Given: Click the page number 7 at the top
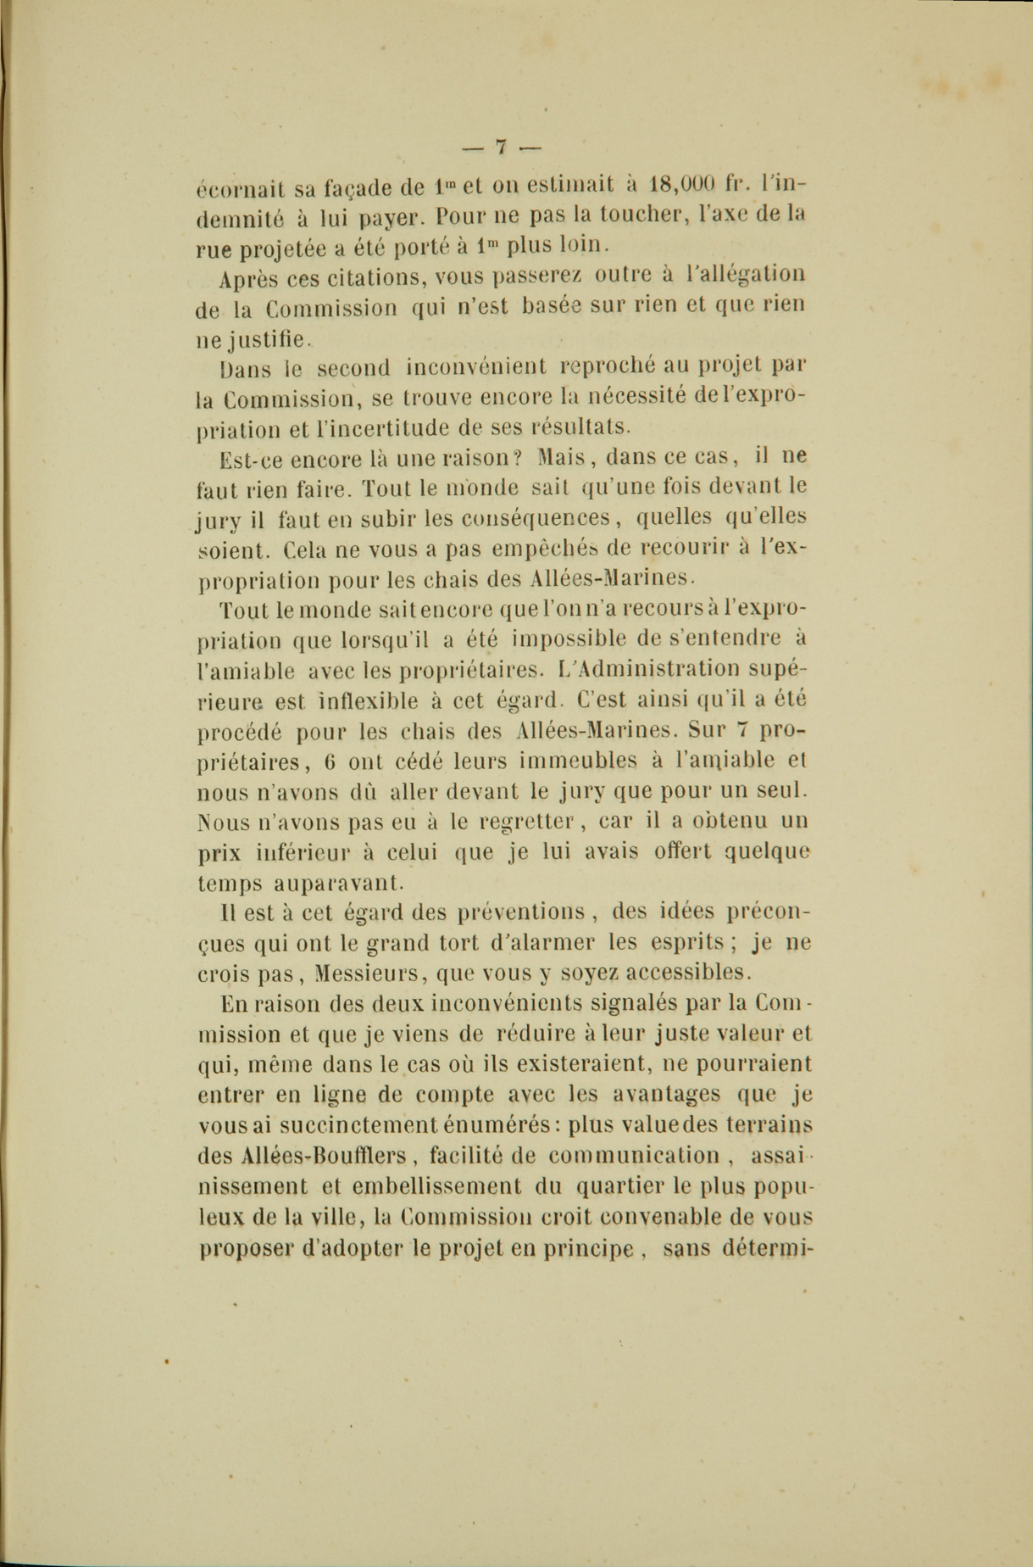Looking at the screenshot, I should click(501, 147).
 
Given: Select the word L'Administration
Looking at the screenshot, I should click(658, 669).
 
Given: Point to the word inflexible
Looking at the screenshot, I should click(368, 701).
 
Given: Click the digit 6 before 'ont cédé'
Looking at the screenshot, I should click(331, 761).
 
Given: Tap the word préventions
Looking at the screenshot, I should click(521, 913).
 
